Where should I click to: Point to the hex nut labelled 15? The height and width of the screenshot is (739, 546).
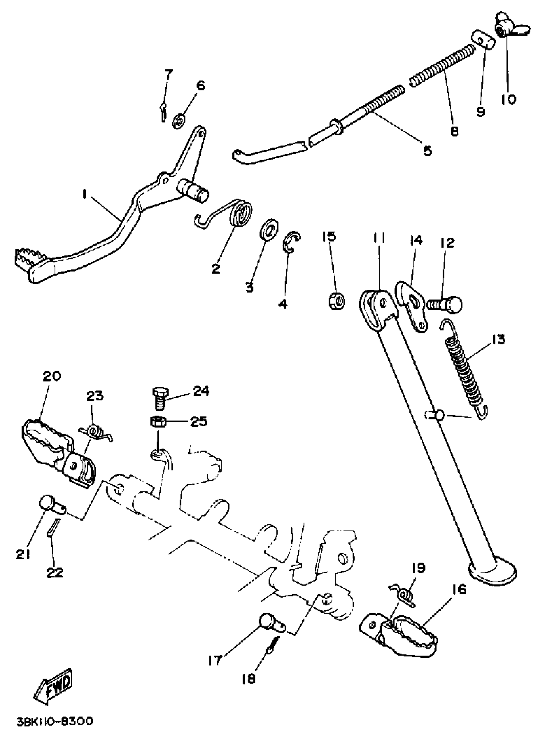click(337, 300)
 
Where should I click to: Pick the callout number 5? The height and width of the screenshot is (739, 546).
click(427, 150)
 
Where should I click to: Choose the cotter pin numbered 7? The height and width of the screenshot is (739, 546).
click(163, 111)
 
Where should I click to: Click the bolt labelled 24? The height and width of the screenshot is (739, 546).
click(161, 398)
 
